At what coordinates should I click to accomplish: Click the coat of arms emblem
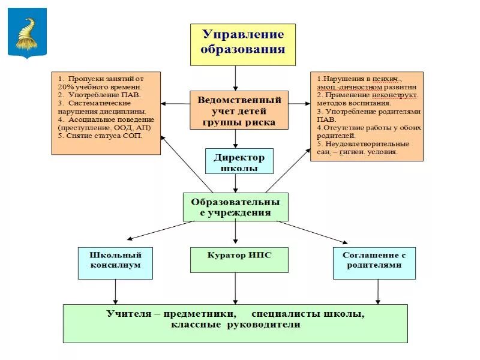(x=26, y=33)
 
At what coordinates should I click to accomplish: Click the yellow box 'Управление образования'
(x=242, y=44)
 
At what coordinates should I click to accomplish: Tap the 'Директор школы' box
(x=239, y=161)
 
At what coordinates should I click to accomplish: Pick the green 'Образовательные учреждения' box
(x=235, y=207)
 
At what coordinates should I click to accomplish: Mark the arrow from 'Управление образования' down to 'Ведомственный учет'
(x=235, y=78)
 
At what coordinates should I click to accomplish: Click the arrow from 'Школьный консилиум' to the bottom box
(x=115, y=292)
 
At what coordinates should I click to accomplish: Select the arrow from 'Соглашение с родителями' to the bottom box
(x=377, y=292)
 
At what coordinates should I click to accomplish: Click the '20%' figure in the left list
(x=66, y=87)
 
